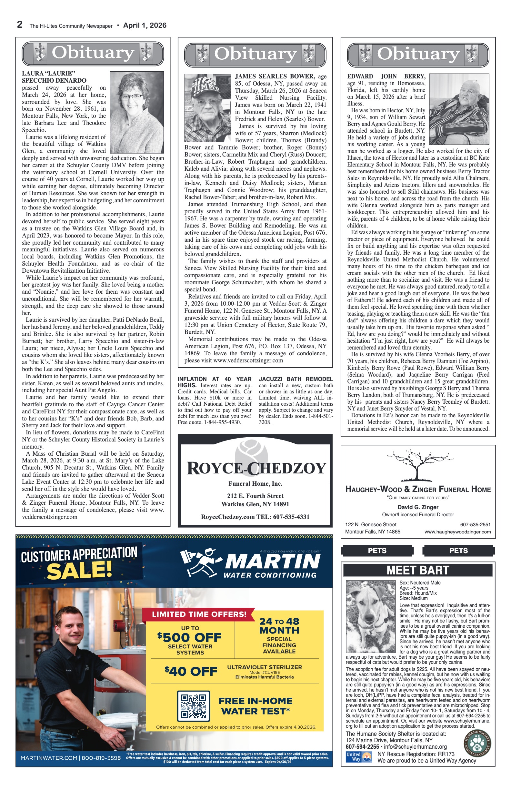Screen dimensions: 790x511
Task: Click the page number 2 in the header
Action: pyautogui.click(x=20, y=25)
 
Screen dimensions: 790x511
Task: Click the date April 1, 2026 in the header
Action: pyautogui.click(x=145, y=25)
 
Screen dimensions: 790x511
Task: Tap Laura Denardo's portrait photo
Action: pyautogui.click(x=137, y=112)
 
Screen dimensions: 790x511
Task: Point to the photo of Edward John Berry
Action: pyautogui.click(x=459, y=109)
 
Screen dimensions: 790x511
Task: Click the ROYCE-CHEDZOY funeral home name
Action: pyautogui.click(x=256, y=468)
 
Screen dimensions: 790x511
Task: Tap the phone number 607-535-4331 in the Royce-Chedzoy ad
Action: pyautogui.click(x=291, y=517)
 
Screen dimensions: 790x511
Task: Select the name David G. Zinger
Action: pyautogui.click(x=418, y=507)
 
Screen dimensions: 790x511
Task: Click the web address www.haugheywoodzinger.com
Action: pyautogui.click(x=457, y=532)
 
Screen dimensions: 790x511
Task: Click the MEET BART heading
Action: pyautogui.click(x=417, y=570)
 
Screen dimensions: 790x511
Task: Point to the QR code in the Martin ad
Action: pyautogui.click(x=194, y=706)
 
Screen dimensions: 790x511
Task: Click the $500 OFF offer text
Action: pyautogui.click(x=189, y=637)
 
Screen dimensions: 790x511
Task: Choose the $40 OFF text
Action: pyautogui.click(x=191, y=671)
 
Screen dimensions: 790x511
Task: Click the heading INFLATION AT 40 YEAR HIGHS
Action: pyautogui.click(x=214, y=382)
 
